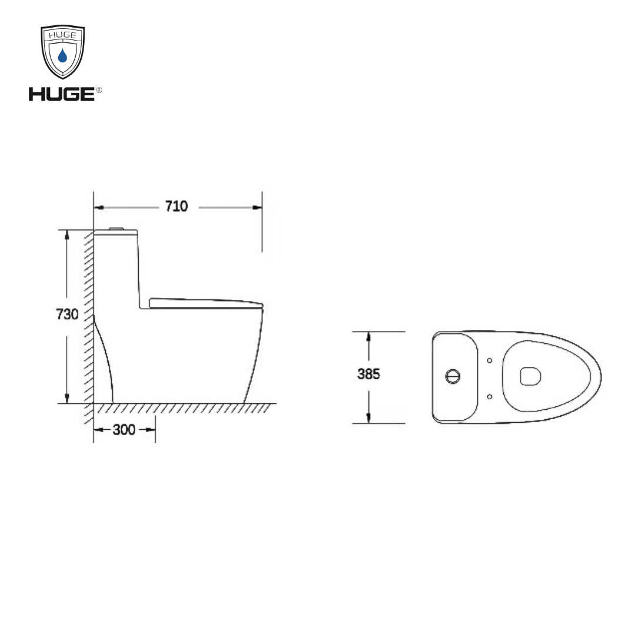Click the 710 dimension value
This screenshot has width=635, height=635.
click(176, 206)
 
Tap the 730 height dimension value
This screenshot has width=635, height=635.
click(67, 315)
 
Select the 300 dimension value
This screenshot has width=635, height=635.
click(124, 430)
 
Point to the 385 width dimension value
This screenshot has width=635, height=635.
click(369, 374)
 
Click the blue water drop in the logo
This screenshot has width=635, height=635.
click(62, 56)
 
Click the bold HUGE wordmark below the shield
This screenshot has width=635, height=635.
click(61, 93)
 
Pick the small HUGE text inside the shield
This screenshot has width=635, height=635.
click(62, 35)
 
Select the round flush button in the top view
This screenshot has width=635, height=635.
click(453, 376)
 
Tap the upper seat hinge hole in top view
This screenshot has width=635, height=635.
click(490, 360)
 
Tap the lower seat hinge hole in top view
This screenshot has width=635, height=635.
click(490, 396)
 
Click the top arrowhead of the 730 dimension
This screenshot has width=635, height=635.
click(68, 233)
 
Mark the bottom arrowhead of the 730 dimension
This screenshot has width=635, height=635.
click(68, 399)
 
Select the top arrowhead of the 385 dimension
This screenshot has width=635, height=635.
click(369, 336)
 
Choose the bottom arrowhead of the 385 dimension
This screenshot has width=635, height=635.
click(369, 418)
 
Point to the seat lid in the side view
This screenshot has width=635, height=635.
click(206, 303)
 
